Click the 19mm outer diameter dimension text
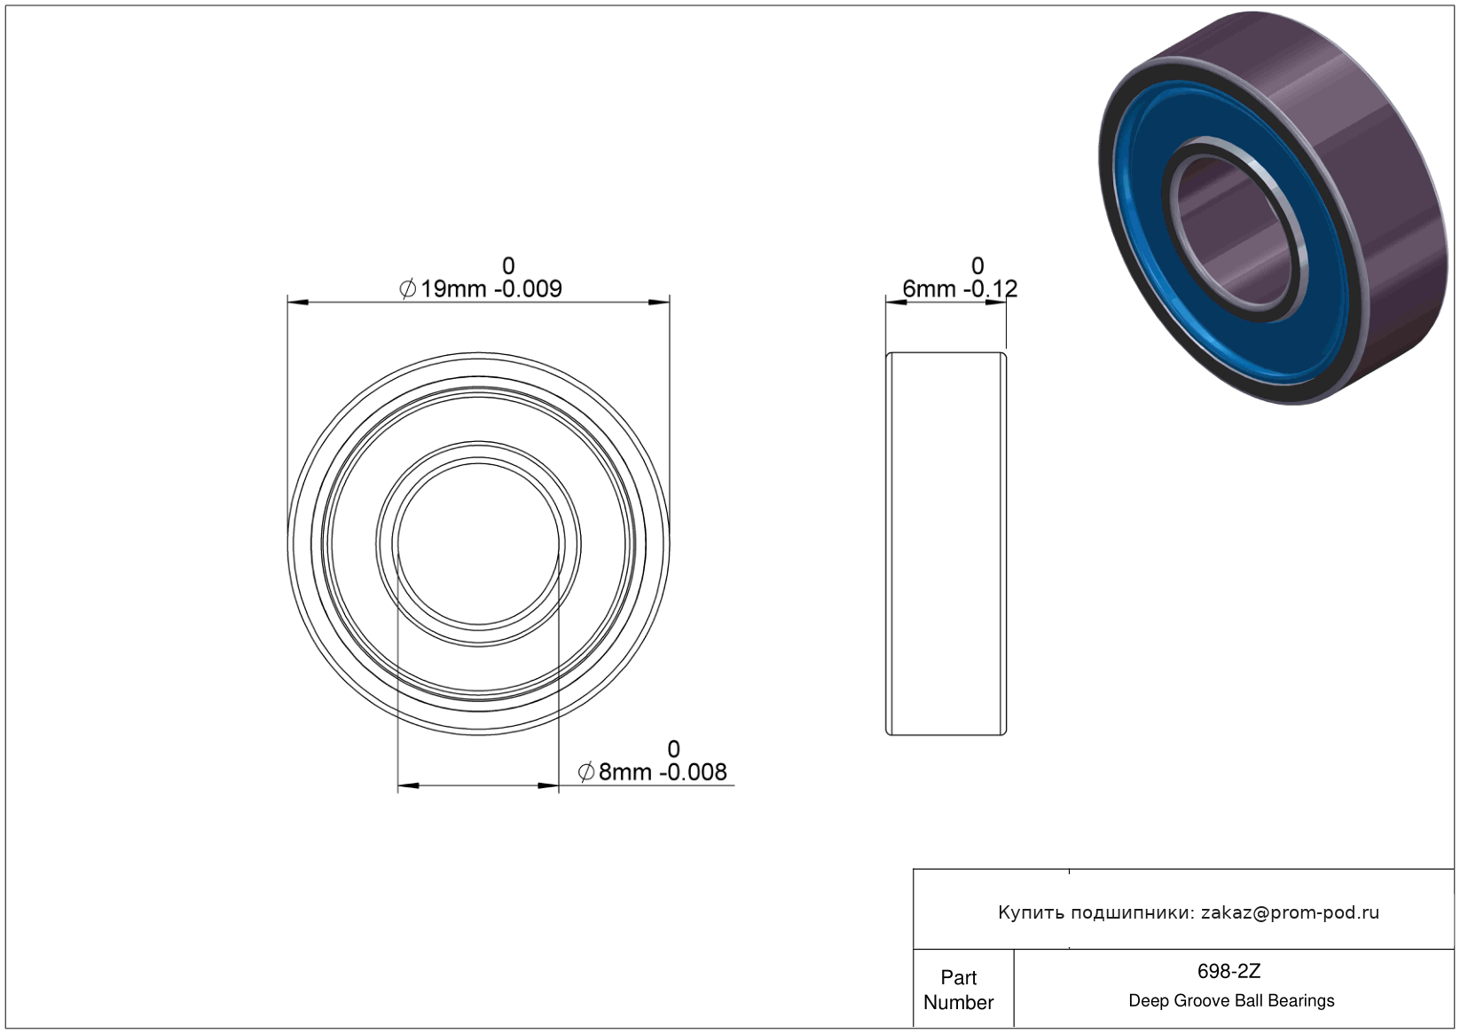pos(481,288)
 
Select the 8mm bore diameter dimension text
pos(653,772)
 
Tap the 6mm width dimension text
pos(960,288)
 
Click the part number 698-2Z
pos(1228,971)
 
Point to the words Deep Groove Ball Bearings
pos(1231,1001)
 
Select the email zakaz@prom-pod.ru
pos(1290,912)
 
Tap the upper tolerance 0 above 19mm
pos(508,266)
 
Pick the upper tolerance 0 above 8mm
pos(674,749)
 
